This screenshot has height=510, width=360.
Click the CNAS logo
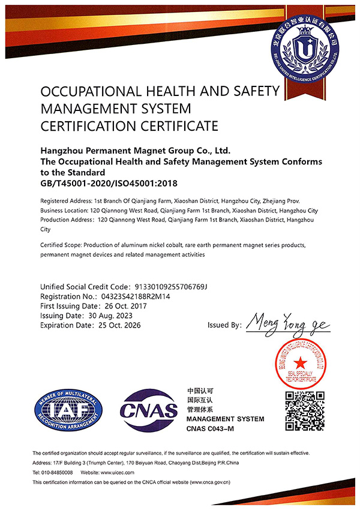[x=149, y=410]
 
